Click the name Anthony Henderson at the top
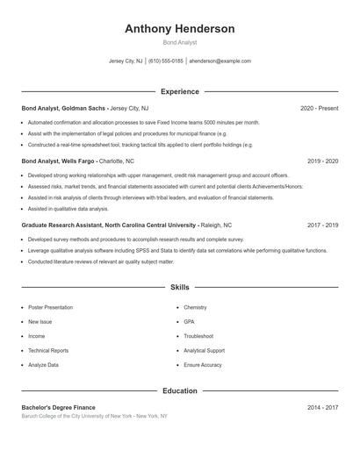(179, 29)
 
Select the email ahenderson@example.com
(220, 61)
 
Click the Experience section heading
(179, 91)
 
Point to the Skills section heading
(179, 288)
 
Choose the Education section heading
(179, 390)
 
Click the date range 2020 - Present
(319, 108)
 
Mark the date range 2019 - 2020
(322, 161)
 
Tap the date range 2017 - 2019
(322, 225)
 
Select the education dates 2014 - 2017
(322, 408)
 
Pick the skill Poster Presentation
(50, 308)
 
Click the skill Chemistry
(195, 308)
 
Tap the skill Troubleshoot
(198, 336)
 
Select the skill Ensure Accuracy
(203, 364)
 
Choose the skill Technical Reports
(47, 350)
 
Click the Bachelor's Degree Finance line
(58, 408)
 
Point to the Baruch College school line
(94, 416)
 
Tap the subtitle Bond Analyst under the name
(179, 42)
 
